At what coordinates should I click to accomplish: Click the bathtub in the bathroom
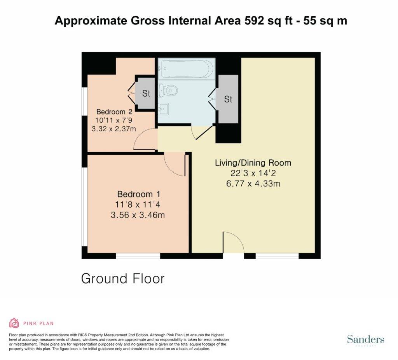(x=186, y=69)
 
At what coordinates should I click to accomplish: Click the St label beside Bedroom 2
(x=146, y=94)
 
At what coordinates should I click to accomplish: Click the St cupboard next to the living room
(x=228, y=99)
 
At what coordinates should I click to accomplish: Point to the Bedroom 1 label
(x=139, y=194)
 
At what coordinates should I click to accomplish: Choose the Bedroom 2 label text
(x=112, y=111)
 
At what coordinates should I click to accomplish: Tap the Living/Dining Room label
(x=253, y=163)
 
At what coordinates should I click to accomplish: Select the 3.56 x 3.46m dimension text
(x=139, y=214)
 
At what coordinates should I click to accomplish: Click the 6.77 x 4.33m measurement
(x=253, y=183)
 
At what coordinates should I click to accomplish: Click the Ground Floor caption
(x=123, y=278)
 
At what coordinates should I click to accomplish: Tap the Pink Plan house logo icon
(x=14, y=323)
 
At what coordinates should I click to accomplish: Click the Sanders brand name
(x=365, y=339)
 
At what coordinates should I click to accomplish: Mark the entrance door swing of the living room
(x=233, y=243)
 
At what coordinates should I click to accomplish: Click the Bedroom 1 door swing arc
(x=175, y=165)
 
